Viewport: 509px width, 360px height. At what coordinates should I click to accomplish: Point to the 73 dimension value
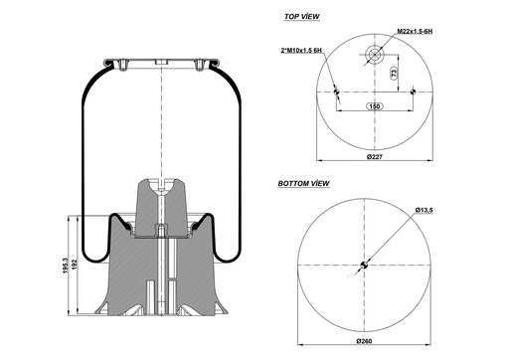tap(395, 75)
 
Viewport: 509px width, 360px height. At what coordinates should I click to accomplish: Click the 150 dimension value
tap(375, 105)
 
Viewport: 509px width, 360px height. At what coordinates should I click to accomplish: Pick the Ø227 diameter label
tap(375, 156)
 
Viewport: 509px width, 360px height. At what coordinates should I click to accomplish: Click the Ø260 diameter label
tap(365, 341)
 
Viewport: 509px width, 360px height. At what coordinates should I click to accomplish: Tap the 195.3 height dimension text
tap(66, 267)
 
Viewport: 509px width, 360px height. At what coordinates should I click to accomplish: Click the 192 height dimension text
tap(77, 267)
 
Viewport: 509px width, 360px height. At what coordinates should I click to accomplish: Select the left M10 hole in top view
tap(338, 92)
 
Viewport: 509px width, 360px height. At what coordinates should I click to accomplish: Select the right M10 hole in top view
tap(412, 92)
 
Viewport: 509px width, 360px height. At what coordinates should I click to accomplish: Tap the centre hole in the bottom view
tap(364, 266)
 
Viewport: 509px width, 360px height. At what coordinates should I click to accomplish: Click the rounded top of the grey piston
tap(160, 180)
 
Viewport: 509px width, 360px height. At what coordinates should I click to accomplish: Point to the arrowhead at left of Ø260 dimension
tap(299, 332)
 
